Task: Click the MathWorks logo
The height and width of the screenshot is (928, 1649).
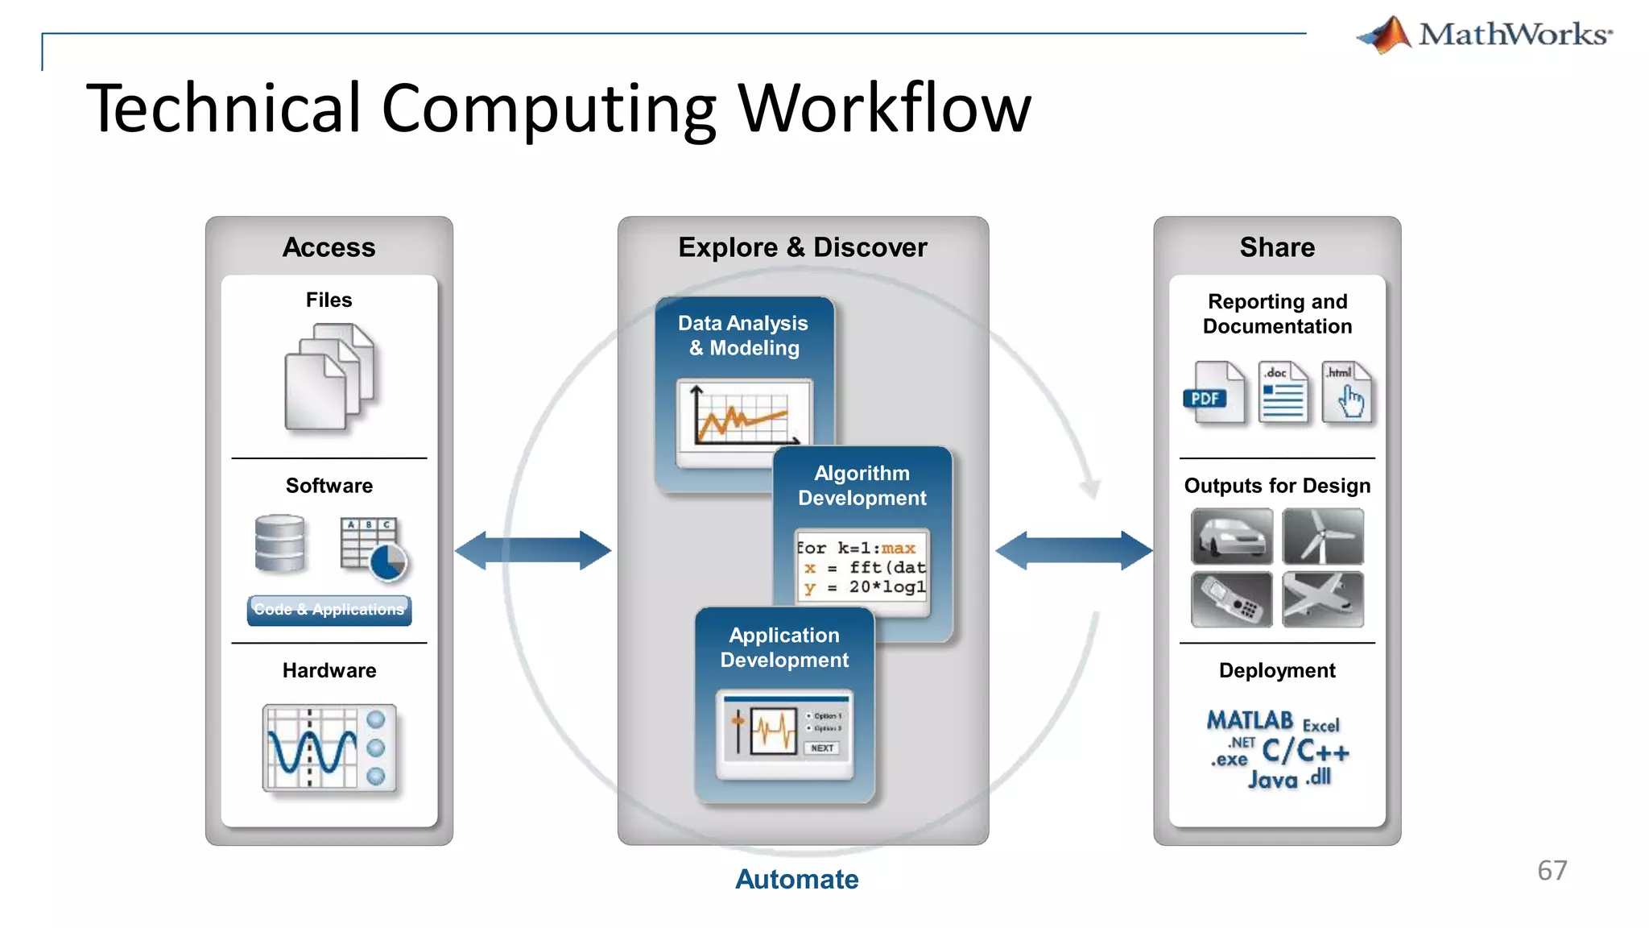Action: coord(1484,35)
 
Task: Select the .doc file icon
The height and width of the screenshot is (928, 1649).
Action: coord(1283,393)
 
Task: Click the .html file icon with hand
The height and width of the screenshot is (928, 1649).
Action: coord(1349,393)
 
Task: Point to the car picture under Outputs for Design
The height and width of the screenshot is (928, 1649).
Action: coord(1232,536)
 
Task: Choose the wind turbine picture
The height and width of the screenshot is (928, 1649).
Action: coord(1323,536)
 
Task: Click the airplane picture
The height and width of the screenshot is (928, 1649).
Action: coord(1323,599)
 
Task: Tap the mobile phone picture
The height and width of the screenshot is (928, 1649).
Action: coord(1232,599)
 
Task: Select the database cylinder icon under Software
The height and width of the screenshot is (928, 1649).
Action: coord(279,544)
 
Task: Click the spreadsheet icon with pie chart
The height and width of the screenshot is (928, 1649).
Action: coord(373,549)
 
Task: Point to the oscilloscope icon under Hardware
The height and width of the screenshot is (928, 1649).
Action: coord(329,748)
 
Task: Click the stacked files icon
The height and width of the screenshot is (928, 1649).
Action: coord(329,376)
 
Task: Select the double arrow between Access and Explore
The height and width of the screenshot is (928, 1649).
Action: coord(533,551)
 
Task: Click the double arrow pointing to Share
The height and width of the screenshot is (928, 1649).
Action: coord(1073,551)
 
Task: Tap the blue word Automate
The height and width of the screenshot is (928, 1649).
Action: coord(796,879)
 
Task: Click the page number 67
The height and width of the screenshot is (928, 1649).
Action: coord(1552,871)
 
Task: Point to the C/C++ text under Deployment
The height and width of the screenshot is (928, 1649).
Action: coord(1304,752)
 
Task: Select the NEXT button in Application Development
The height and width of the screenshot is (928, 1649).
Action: coord(822,748)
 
